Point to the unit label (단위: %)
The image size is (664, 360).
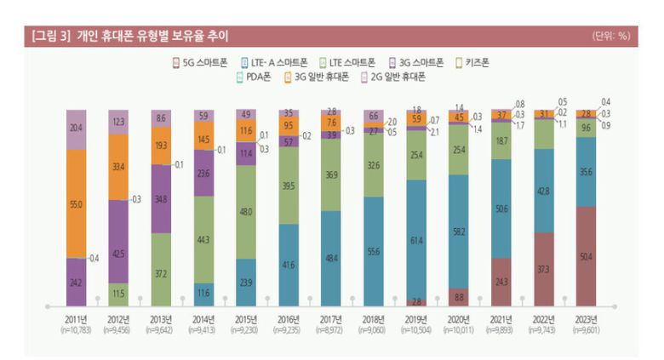[610, 36]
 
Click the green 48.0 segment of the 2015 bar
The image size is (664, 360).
[245, 211]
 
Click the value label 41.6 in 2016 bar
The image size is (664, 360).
[288, 265]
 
